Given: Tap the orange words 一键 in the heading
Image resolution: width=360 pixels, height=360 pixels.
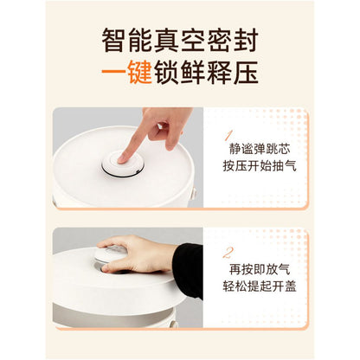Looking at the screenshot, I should (x=127, y=72).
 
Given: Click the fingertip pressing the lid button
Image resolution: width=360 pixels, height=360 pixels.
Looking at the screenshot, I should (x=126, y=157).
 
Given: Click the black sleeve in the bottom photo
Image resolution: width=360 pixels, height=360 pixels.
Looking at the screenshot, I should (x=190, y=270).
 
